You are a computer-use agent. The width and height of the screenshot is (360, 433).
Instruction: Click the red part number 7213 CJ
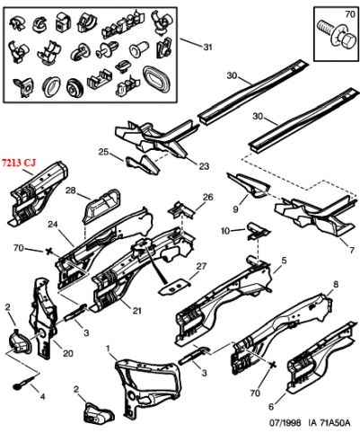pyautogui.click(x=19, y=163)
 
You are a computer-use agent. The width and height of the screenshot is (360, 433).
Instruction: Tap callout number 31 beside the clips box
pyautogui.click(x=207, y=47)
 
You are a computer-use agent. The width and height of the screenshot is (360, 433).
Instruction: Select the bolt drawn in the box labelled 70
pyautogui.click(x=333, y=32)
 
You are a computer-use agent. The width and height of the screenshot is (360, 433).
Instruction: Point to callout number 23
pyautogui.click(x=204, y=166)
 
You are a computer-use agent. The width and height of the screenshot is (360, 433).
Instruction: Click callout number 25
pyautogui.click(x=103, y=152)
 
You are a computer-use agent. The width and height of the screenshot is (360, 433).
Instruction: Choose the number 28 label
pyautogui.click(x=71, y=190)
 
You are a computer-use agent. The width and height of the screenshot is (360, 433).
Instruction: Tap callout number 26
pyautogui.click(x=208, y=197)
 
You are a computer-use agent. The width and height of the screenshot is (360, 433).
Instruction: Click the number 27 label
pyautogui.click(x=201, y=266)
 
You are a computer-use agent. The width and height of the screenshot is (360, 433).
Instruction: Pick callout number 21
pyautogui.click(x=136, y=311)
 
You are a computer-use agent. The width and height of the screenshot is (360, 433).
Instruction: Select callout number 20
pyautogui.click(x=68, y=353)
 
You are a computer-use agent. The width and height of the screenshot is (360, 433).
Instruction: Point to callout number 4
pyautogui.click(x=42, y=397)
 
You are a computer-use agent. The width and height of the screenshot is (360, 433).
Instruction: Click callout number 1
pyautogui.click(x=109, y=349)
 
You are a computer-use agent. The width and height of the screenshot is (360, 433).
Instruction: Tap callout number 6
pyautogui.click(x=271, y=407)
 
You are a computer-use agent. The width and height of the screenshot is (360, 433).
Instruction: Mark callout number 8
pyautogui.click(x=336, y=285)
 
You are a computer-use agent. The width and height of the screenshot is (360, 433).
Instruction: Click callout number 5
pyautogui.click(x=284, y=261)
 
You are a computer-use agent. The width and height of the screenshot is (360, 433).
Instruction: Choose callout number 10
pyautogui.click(x=225, y=231)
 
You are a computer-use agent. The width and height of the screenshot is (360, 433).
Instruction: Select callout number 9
pyautogui.click(x=235, y=209)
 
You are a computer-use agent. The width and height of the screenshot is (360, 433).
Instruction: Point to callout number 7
pyautogui.click(x=351, y=250)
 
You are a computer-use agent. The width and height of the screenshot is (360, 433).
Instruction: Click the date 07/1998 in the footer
pyautogui.click(x=285, y=422)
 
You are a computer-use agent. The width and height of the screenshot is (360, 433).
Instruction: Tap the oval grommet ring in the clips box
pyautogui.click(x=156, y=79)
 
